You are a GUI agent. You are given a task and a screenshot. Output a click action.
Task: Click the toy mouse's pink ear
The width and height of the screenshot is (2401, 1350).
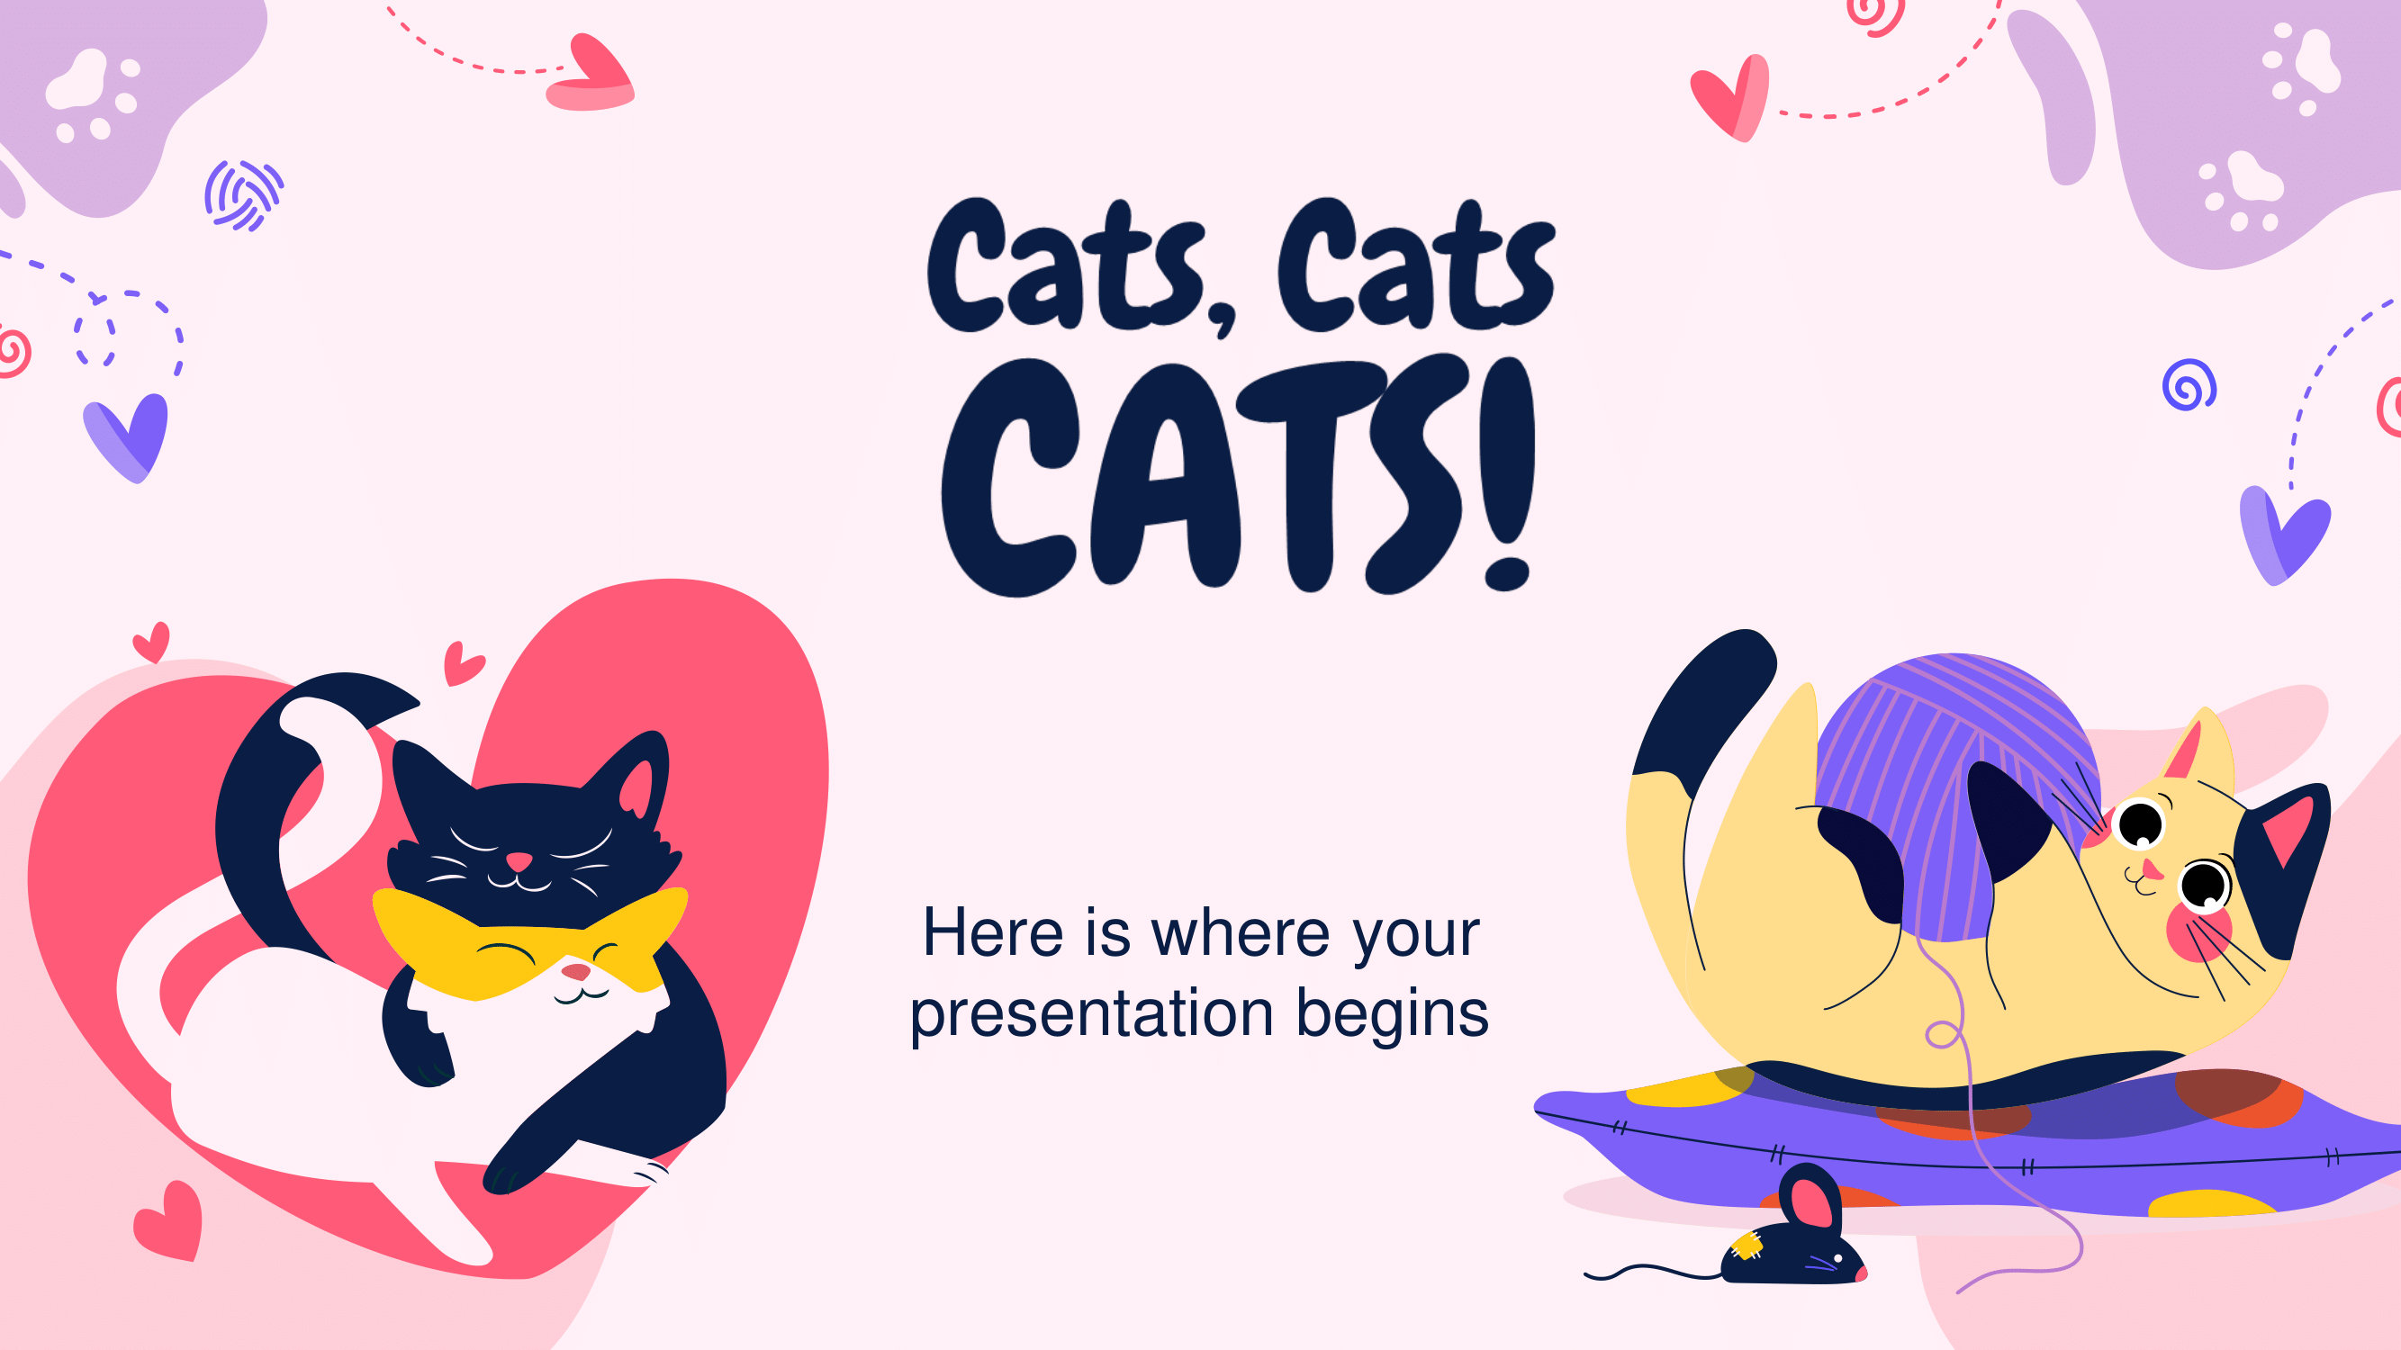tap(1810, 1203)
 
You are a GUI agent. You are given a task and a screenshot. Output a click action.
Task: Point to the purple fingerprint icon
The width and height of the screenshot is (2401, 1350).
tap(243, 195)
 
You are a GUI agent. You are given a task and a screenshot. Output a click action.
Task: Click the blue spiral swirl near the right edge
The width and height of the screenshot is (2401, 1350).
tap(2189, 385)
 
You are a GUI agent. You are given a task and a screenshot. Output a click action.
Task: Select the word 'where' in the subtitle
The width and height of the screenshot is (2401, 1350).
tap(1243, 932)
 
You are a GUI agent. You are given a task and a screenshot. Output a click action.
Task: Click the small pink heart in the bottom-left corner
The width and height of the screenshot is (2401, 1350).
tap(169, 1220)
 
